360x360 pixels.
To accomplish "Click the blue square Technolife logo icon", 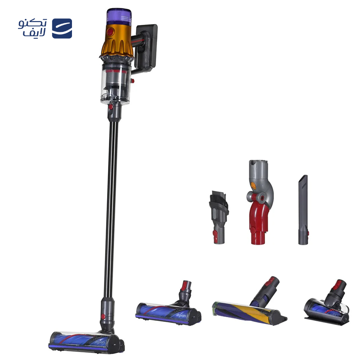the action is (62, 28).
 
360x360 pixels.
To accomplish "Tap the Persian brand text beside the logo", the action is (32, 28).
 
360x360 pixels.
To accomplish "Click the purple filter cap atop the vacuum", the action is (119, 17).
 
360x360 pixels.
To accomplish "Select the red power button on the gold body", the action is (110, 31).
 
